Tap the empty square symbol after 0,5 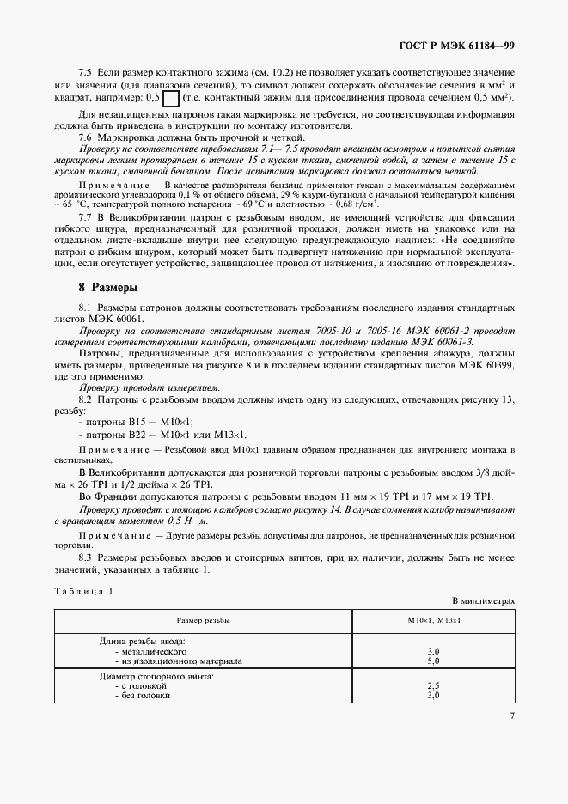click(x=170, y=98)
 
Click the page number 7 click(x=512, y=715)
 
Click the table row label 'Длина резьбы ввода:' click(x=144, y=642)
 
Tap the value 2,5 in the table click(x=433, y=686)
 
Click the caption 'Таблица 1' click(x=83, y=591)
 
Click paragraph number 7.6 click(x=86, y=137)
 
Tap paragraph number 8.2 click(x=86, y=399)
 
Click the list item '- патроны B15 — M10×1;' click(x=136, y=421)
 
